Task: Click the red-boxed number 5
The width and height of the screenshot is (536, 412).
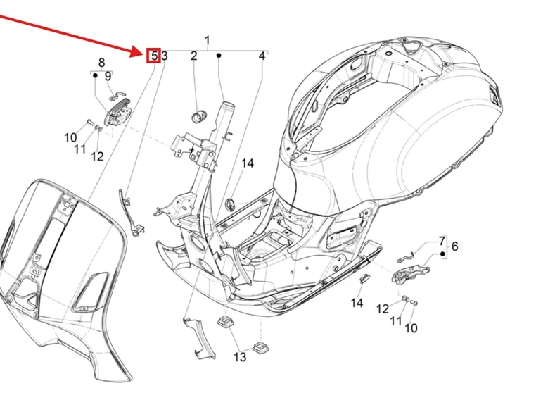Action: click(x=154, y=56)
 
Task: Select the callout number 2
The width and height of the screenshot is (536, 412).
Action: click(x=194, y=56)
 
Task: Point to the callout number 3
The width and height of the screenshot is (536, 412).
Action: click(x=164, y=56)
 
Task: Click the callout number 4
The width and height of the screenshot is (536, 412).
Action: click(x=261, y=56)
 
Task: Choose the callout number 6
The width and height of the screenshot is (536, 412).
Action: click(x=454, y=246)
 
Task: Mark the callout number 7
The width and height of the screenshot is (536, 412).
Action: click(x=442, y=240)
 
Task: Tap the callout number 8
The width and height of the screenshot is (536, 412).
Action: click(x=101, y=63)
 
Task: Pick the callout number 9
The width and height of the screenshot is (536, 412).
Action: click(x=108, y=76)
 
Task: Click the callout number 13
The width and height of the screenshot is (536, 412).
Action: click(x=240, y=357)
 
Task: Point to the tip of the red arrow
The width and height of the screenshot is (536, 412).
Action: click(x=144, y=54)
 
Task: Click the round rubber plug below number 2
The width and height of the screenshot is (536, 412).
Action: click(x=199, y=114)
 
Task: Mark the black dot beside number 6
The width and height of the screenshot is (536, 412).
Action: click(x=442, y=253)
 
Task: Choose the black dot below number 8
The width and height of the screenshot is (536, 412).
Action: click(x=95, y=76)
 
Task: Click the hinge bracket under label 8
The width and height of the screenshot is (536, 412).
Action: click(x=117, y=113)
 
